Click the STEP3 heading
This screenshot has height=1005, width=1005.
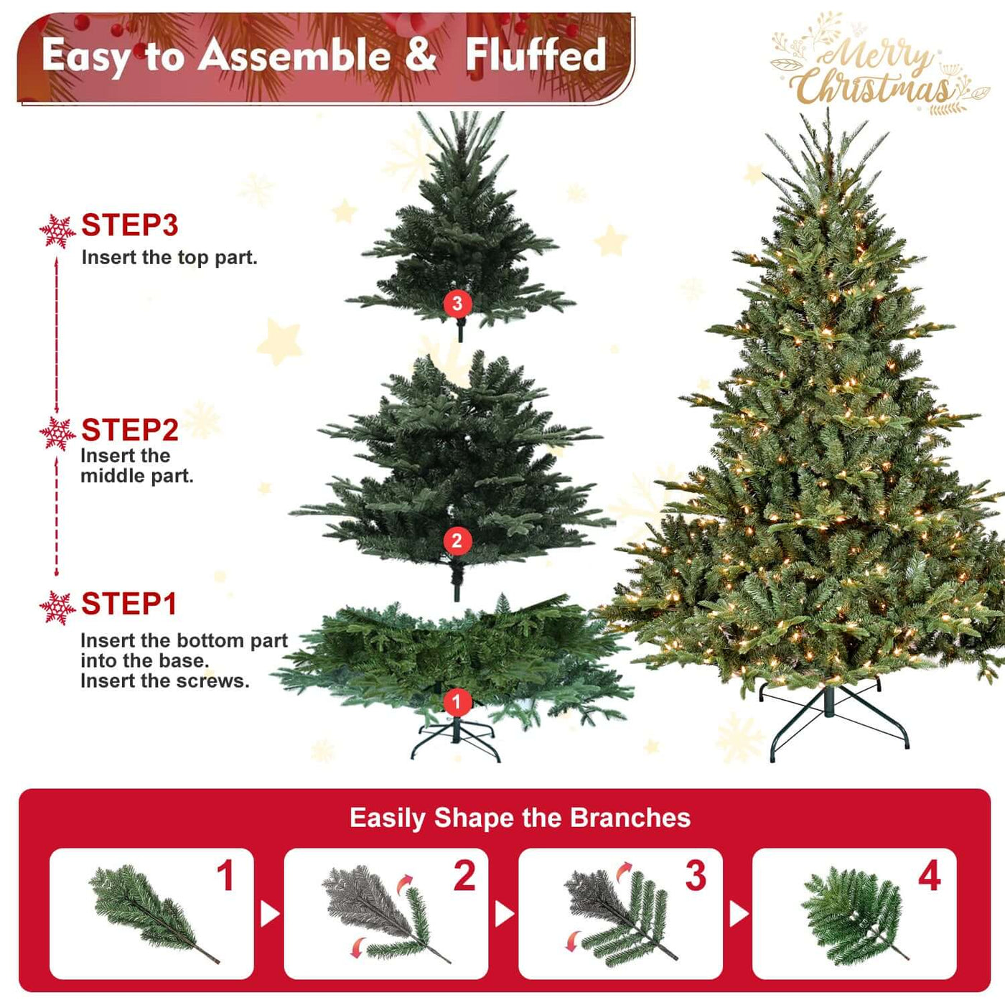(x=129, y=225)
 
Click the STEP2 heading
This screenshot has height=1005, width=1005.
(x=129, y=430)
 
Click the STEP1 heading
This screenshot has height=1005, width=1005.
(x=128, y=604)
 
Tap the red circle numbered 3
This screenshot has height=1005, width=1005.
(x=457, y=304)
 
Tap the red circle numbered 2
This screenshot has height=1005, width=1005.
(x=457, y=541)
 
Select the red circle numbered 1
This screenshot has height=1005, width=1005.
(x=457, y=702)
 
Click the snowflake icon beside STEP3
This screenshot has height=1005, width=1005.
(x=57, y=231)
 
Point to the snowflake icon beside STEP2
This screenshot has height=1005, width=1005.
(x=57, y=434)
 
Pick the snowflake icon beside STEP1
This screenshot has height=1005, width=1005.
(x=57, y=608)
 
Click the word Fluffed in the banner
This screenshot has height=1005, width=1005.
(x=536, y=55)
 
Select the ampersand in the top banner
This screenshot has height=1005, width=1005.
(x=421, y=54)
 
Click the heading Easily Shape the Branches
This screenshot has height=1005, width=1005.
(x=520, y=818)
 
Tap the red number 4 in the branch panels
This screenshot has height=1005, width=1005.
(x=929, y=876)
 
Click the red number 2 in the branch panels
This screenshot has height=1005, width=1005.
(x=464, y=876)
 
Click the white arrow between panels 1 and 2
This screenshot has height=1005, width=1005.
(x=269, y=914)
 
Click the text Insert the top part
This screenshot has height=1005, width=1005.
(x=169, y=257)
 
